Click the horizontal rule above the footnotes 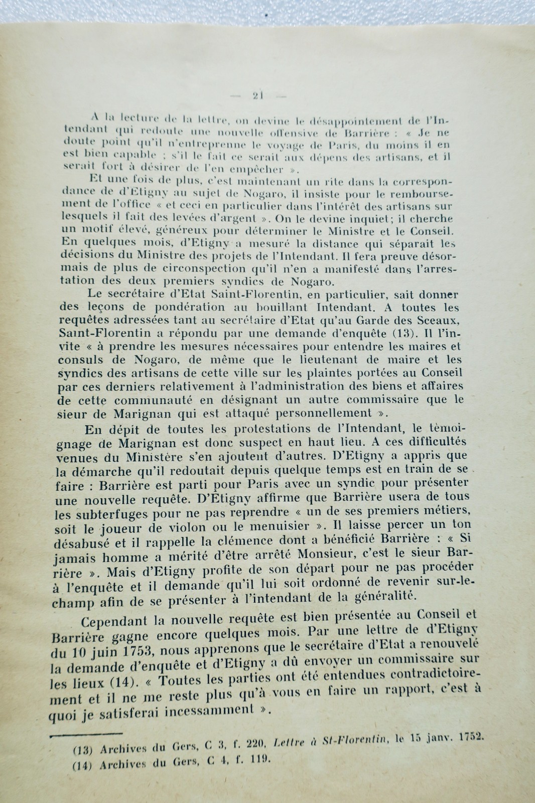click(x=86, y=734)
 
